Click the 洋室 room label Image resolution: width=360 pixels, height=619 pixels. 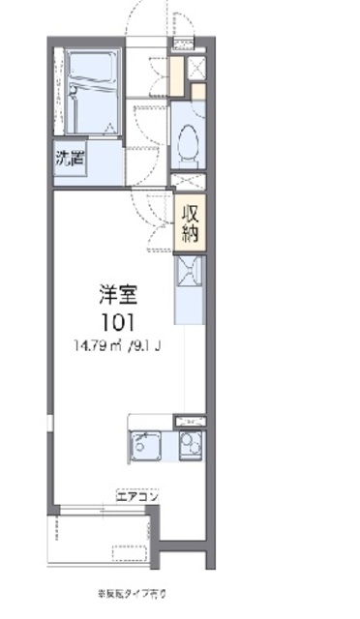click(x=115, y=290)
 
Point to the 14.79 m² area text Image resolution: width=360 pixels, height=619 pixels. click(x=94, y=345)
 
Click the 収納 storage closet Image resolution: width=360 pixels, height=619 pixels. click(x=190, y=221)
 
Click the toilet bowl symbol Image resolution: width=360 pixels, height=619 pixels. click(x=189, y=140)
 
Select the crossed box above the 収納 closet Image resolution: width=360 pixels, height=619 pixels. click(x=189, y=182)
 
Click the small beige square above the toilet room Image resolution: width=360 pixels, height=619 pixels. click(x=196, y=93)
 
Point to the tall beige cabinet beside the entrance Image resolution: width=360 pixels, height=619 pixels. click(x=176, y=76)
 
